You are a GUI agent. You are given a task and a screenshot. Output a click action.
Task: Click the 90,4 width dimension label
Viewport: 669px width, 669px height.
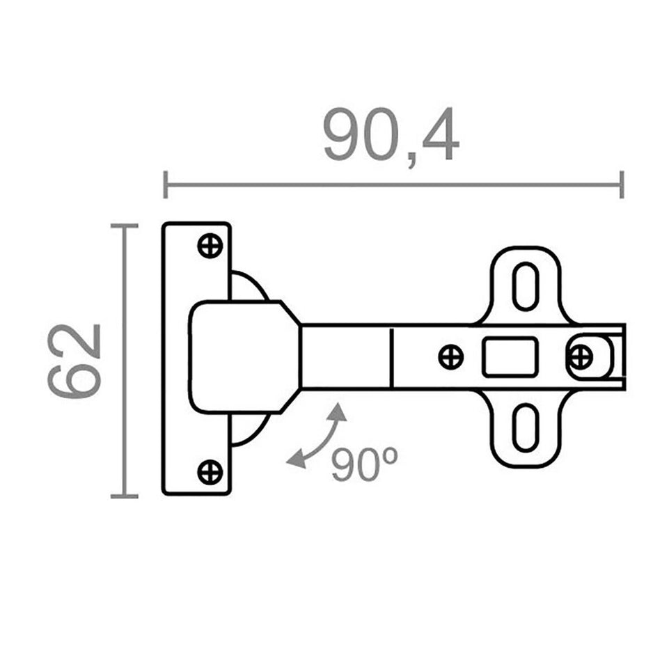click(391, 135)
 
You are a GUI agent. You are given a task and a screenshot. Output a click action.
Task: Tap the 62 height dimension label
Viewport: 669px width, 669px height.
click(75, 361)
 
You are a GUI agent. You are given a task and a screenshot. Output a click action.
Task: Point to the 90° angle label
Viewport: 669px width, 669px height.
click(363, 465)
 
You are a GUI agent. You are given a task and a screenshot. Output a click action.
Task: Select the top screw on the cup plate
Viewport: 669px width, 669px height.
click(210, 246)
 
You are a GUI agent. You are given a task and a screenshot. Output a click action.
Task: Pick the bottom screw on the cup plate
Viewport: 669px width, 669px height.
click(210, 472)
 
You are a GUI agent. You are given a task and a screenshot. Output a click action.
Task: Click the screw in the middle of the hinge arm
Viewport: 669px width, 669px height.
click(450, 357)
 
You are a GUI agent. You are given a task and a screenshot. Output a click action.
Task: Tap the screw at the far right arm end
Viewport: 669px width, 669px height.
click(580, 357)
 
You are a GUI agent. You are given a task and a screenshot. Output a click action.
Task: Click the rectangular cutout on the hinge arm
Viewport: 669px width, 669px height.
click(510, 357)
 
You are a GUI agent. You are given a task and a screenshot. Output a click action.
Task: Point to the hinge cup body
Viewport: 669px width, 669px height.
click(240, 356)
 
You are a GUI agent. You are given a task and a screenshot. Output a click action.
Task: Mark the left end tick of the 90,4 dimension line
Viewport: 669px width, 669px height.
click(165, 185)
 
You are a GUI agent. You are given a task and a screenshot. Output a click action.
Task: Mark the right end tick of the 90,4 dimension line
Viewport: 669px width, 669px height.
click(621, 185)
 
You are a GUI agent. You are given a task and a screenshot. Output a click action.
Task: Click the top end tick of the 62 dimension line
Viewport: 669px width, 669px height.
click(124, 226)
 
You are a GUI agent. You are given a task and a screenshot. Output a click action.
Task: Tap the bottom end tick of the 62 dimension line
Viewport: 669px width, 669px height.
click(124, 496)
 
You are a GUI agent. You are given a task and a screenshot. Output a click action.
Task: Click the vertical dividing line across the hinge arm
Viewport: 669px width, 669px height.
click(392, 357)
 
